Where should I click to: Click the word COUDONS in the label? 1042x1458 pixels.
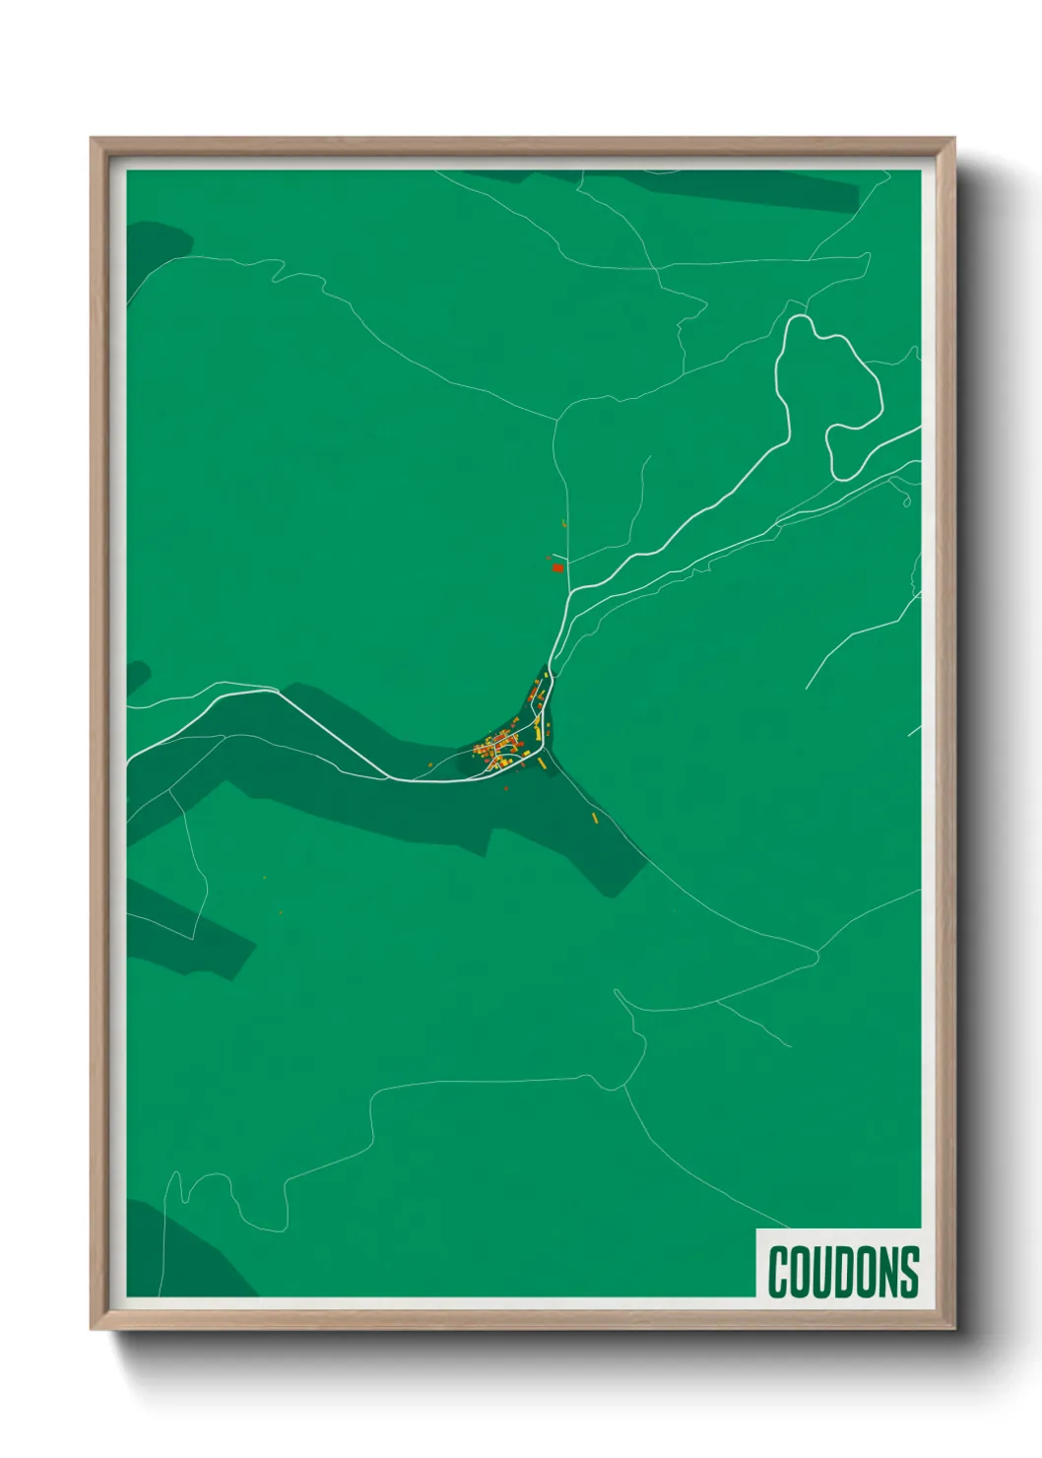click(843, 1272)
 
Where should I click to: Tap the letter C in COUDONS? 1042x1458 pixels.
click(779, 1272)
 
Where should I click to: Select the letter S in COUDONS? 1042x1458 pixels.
click(909, 1272)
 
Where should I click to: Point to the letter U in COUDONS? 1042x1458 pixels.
click(821, 1272)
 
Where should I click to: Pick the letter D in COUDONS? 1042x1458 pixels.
click(843, 1272)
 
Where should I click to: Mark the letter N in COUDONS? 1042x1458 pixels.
click(886, 1272)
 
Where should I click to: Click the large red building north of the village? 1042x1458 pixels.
click(557, 567)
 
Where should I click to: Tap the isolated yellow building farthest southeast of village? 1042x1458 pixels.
click(595, 816)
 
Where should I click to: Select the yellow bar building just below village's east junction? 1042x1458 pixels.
click(541, 762)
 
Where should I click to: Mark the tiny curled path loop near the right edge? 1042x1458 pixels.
click(906, 501)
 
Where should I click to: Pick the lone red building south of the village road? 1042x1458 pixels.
click(507, 788)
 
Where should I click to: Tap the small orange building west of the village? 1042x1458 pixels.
click(430, 765)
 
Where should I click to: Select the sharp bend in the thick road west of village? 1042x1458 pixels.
click(279, 690)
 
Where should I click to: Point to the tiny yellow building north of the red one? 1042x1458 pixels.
click(564, 523)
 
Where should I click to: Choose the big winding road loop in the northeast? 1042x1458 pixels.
click(827, 394)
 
